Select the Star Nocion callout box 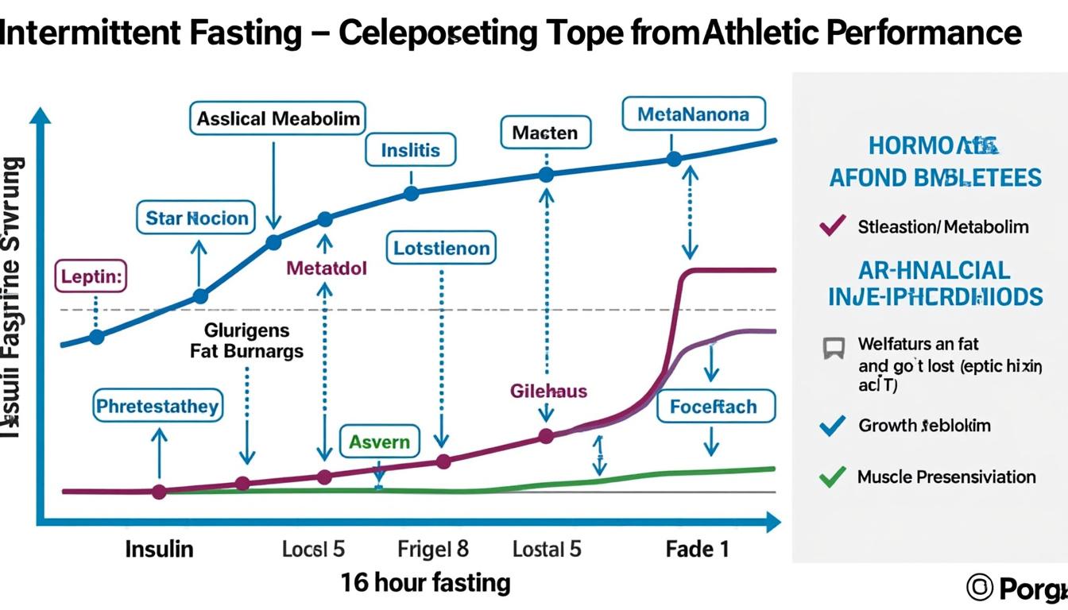pyautogui.click(x=197, y=218)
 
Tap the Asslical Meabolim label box pyautogui.click(x=278, y=119)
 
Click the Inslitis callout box pyautogui.click(x=410, y=150)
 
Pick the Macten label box pyautogui.click(x=545, y=133)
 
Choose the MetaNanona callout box pyautogui.click(x=693, y=114)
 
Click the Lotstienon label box pyautogui.click(x=441, y=249)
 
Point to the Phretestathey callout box pyautogui.click(x=157, y=407)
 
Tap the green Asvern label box pyautogui.click(x=379, y=442)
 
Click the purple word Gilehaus pyautogui.click(x=548, y=391)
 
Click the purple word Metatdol pyautogui.click(x=327, y=268)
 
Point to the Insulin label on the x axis pyautogui.click(x=159, y=549)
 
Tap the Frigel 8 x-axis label pyautogui.click(x=432, y=549)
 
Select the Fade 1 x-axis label pyautogui.click(x=696, y=549)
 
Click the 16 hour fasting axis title pyautogui.click(x=425, y=583)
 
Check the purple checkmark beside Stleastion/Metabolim pyautogui.click(x=831, y=226)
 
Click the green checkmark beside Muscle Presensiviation pyautogui.click(x=831, y=477)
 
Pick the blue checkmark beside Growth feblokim pyautogui.click(x=831, y=426)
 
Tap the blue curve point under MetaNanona pyautogui.click(x=674, y=159)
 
